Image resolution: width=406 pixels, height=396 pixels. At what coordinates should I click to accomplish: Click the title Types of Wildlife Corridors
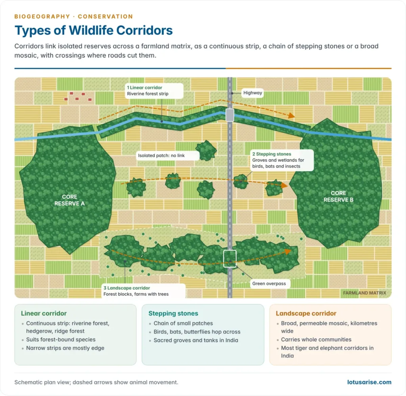coord(94,31)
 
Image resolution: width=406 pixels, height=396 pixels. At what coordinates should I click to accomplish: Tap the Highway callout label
coord(253,93)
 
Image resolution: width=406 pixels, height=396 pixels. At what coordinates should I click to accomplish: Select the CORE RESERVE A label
coord(69,200)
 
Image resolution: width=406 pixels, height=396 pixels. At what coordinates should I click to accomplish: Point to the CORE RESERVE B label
coord(338,197)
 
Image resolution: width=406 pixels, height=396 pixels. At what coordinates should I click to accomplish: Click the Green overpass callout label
coord(269,284)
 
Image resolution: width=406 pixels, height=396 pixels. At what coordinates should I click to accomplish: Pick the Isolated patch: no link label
coord(161,155)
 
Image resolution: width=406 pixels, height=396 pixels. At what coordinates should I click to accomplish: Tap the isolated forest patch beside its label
coord(206,150)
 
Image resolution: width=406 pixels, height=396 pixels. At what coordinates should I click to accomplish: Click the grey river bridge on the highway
coord(230,115)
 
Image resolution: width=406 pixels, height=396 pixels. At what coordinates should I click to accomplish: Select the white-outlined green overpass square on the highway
coord(230,258)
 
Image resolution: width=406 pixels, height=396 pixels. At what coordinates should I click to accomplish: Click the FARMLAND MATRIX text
coord(364,293)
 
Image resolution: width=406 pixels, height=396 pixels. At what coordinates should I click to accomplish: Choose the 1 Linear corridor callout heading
coord(144,88)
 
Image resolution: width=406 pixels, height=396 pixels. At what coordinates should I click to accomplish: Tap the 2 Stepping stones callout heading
coord(272,154)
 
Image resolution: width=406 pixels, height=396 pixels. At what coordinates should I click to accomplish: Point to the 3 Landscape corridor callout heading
coord(126,288)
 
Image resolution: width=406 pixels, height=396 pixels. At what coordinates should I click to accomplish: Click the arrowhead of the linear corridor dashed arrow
coord(292,115)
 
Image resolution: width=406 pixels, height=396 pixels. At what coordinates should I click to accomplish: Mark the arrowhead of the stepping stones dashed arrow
coord(284,185)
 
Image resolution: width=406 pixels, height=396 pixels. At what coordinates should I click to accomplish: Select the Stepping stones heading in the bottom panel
coord(173,314)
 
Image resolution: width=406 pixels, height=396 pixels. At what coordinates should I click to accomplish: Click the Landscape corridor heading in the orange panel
coord(306,314)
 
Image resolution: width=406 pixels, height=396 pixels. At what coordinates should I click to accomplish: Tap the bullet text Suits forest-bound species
coord(61,340)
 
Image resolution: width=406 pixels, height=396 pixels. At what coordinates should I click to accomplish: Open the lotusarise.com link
coord(369,382)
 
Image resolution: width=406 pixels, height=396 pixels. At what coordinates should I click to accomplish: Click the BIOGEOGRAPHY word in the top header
coord(42,17)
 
